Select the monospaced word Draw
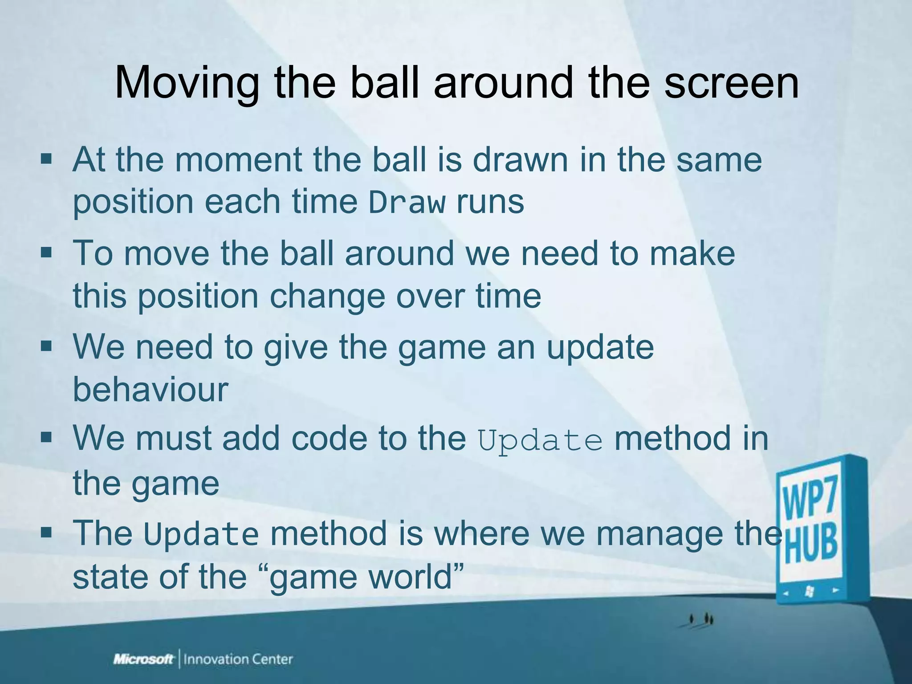407,203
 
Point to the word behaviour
151,389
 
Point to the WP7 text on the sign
810,503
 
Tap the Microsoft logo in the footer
143,659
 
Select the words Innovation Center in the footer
238,659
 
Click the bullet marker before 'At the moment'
46,159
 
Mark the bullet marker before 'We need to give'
46,346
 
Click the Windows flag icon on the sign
808,591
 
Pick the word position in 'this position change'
198,296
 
